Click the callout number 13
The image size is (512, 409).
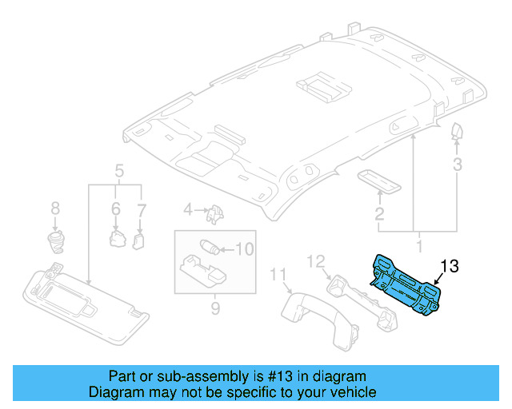tap(450, 267)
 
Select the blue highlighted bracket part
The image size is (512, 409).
tap(406, 284)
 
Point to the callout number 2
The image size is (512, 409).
tap(379, 213)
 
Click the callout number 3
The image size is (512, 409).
tap(457, 165)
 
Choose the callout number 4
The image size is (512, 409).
tap(188, 210)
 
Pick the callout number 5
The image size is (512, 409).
tap(118, 170)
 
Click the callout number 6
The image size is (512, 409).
tap(115, 208)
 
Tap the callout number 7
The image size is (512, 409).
tap(142, 208)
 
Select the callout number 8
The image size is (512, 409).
tap(55, 208)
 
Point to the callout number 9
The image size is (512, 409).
tap(214, 307)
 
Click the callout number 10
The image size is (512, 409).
tap(244, 249)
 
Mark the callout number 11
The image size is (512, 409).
tap(278, 276)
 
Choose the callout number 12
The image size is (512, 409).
tap(316, 260)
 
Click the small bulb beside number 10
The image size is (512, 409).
tap(210, 247)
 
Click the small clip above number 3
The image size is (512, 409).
tap(456, 131)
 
